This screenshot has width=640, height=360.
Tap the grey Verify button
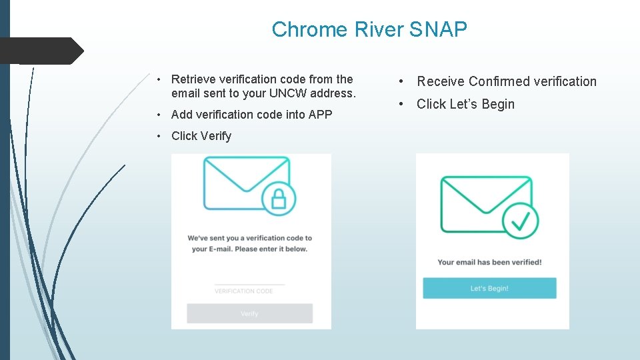(x=249, y=313)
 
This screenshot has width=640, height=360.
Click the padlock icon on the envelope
(x=279, y=198)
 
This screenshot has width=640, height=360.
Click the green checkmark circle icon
(x=521, y=220)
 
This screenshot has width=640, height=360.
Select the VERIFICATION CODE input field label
(x=244, y=291)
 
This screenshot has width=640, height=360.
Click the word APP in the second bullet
(x=320, y=115)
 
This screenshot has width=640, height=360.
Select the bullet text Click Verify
(x=201, y=136)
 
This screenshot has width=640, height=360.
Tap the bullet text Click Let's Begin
(x=465, y=104)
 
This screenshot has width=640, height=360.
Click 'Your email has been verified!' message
(x=489, y=262)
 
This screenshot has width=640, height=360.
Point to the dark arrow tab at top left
(x=41, y=51)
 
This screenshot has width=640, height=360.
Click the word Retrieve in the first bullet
(x=193, y=79)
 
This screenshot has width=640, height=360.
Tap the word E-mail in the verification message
(x=221, y=249)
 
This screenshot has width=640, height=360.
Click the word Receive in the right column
(x=440, y=81)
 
